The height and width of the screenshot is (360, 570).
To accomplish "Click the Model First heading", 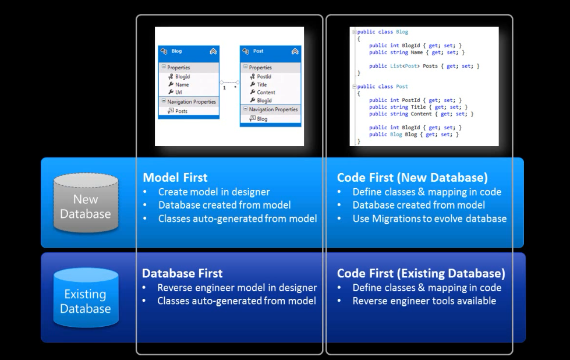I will click(x=175, y=177).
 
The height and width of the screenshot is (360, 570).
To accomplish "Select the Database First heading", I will click(x=182, y=273).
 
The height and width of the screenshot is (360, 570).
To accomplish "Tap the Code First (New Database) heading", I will click(x=412, y=177).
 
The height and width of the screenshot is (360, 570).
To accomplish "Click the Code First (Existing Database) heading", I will click(x=421, y=273).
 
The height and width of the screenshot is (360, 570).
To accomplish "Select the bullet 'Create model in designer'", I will click(x=214, y=192).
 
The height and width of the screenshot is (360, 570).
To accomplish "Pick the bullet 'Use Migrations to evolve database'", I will click(x=429, y=219).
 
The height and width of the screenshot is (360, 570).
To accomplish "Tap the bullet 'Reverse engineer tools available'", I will click(x=424, y=301).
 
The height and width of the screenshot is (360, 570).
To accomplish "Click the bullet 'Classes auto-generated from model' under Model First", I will click(x=237, y=219).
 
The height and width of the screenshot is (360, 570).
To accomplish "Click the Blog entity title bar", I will click(x=188, y=51).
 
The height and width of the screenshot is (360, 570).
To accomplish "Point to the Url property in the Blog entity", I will click(x=179, y=92).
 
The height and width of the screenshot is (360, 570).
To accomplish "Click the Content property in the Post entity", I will click(x=266, y=92).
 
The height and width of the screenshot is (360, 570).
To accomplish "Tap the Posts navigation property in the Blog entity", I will click(x=181, y=111).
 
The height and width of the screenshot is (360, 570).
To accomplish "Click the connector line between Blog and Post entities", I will click(x=229, y=82).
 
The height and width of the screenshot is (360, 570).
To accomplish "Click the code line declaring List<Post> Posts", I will click(x=424, y=66).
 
